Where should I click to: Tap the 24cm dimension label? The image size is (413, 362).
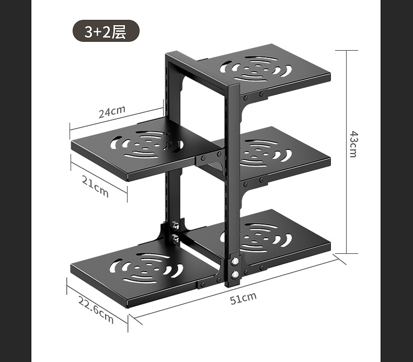tap(112, 112)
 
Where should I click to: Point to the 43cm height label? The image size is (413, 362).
tap(353, 144)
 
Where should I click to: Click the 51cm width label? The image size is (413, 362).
tap(244, 297)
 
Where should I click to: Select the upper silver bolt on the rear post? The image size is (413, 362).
tap(176, 226)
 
